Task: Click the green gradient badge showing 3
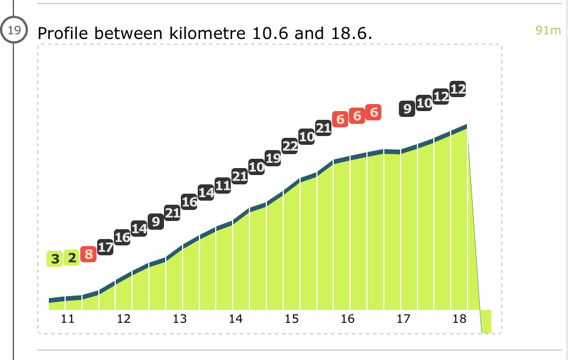(x=55, y=258)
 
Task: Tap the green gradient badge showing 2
(x=72, y=258)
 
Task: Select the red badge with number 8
(x=88, y=254)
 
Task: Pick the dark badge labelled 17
(x=105, y=247)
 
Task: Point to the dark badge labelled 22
(x=290, y=146)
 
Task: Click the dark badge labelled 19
(x=273, y=157)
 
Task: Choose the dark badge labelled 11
(x=223, y=186)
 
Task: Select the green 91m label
(x=548, y=30)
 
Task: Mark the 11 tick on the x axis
(x=68, y=319)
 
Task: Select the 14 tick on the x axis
(x=236, y=319)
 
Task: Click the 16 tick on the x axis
(x=348, y=319)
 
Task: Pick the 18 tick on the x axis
(x=459, y=319)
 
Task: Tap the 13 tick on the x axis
(x=180, y=319)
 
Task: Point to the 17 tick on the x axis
(x=404, y=319)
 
